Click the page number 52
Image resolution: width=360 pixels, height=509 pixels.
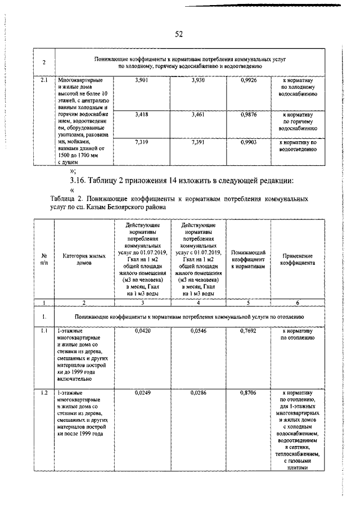click(179, 34)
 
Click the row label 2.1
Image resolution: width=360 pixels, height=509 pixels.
click(44, 82)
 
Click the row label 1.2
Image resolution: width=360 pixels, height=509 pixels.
click(44, 391)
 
